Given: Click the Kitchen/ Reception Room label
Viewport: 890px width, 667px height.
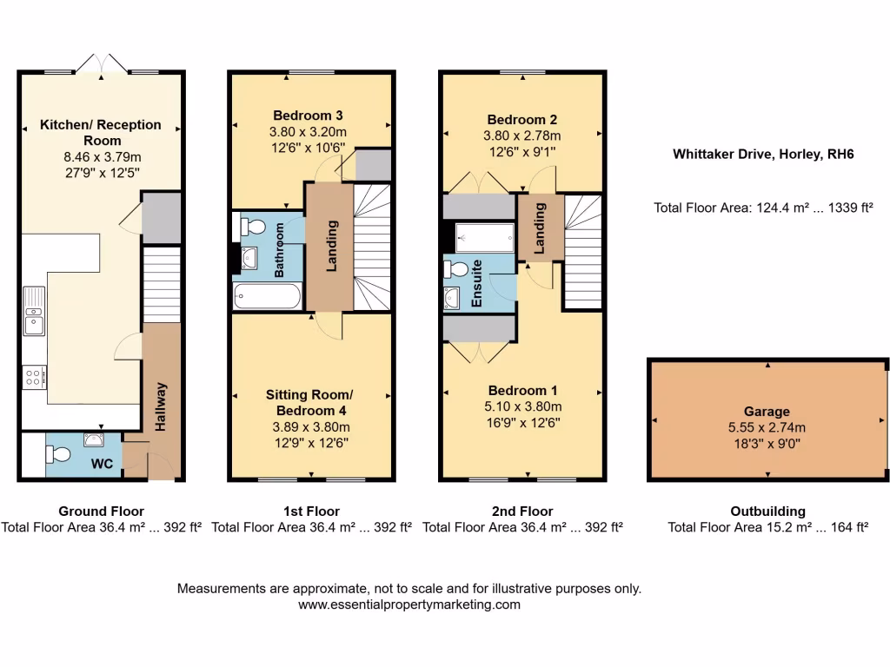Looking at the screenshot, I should pyautogui.click(x=101, y=132).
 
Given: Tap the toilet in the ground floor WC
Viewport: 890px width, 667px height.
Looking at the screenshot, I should pyautogui.click(x=59, y=454).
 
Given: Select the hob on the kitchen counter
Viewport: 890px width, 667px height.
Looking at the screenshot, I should pyautogui.click(x=34, y=377).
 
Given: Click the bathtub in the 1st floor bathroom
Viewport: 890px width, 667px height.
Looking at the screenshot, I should pyautogui.click(x=267, y=297).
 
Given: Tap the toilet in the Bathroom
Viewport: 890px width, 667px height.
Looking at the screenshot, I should pyautogui.click(x=252, y=228).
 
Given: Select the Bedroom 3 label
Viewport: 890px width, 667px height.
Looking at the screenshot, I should pyautogui.click(x=308, y=115).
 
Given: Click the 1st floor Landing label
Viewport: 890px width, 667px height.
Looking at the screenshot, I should pyautogui.click(x=331, y=245).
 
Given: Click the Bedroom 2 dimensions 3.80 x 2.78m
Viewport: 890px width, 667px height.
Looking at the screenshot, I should pyautogui.click(x=521, y=135).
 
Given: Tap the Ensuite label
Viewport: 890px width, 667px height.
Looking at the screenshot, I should pyautogui.click(x=476, y=284).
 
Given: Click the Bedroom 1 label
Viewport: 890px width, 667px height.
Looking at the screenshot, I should pyautogui.click(x=521, y=390).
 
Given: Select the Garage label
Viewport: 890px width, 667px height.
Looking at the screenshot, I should pyautogui.click(x=767, y=412).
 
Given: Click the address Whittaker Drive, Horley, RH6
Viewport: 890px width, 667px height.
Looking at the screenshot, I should pyautogui.click(x=763, y=155).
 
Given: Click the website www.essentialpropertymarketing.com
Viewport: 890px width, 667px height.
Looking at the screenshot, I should pyautogui.click(x=409, y=604).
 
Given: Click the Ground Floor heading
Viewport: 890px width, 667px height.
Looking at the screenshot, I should pyautogui.click(x=101, y=511).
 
